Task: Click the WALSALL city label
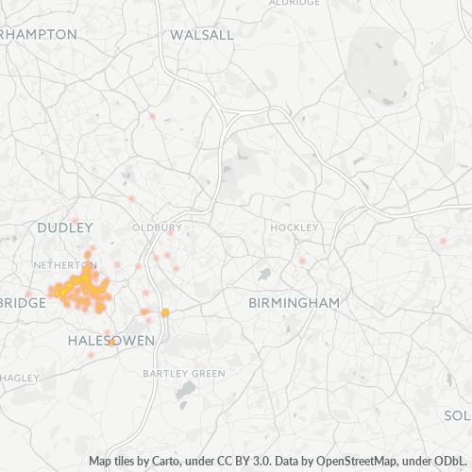202,35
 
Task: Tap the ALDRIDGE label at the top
294,3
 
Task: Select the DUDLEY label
64,228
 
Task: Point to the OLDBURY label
156,228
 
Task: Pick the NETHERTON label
64,265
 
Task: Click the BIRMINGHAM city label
294,303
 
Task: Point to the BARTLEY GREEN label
184,374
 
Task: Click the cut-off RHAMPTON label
38,34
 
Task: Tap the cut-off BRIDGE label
24,303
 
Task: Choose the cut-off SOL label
457,415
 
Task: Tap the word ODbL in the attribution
452,462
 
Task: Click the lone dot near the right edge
443,241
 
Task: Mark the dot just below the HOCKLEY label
302,261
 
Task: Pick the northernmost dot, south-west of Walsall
151,116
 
